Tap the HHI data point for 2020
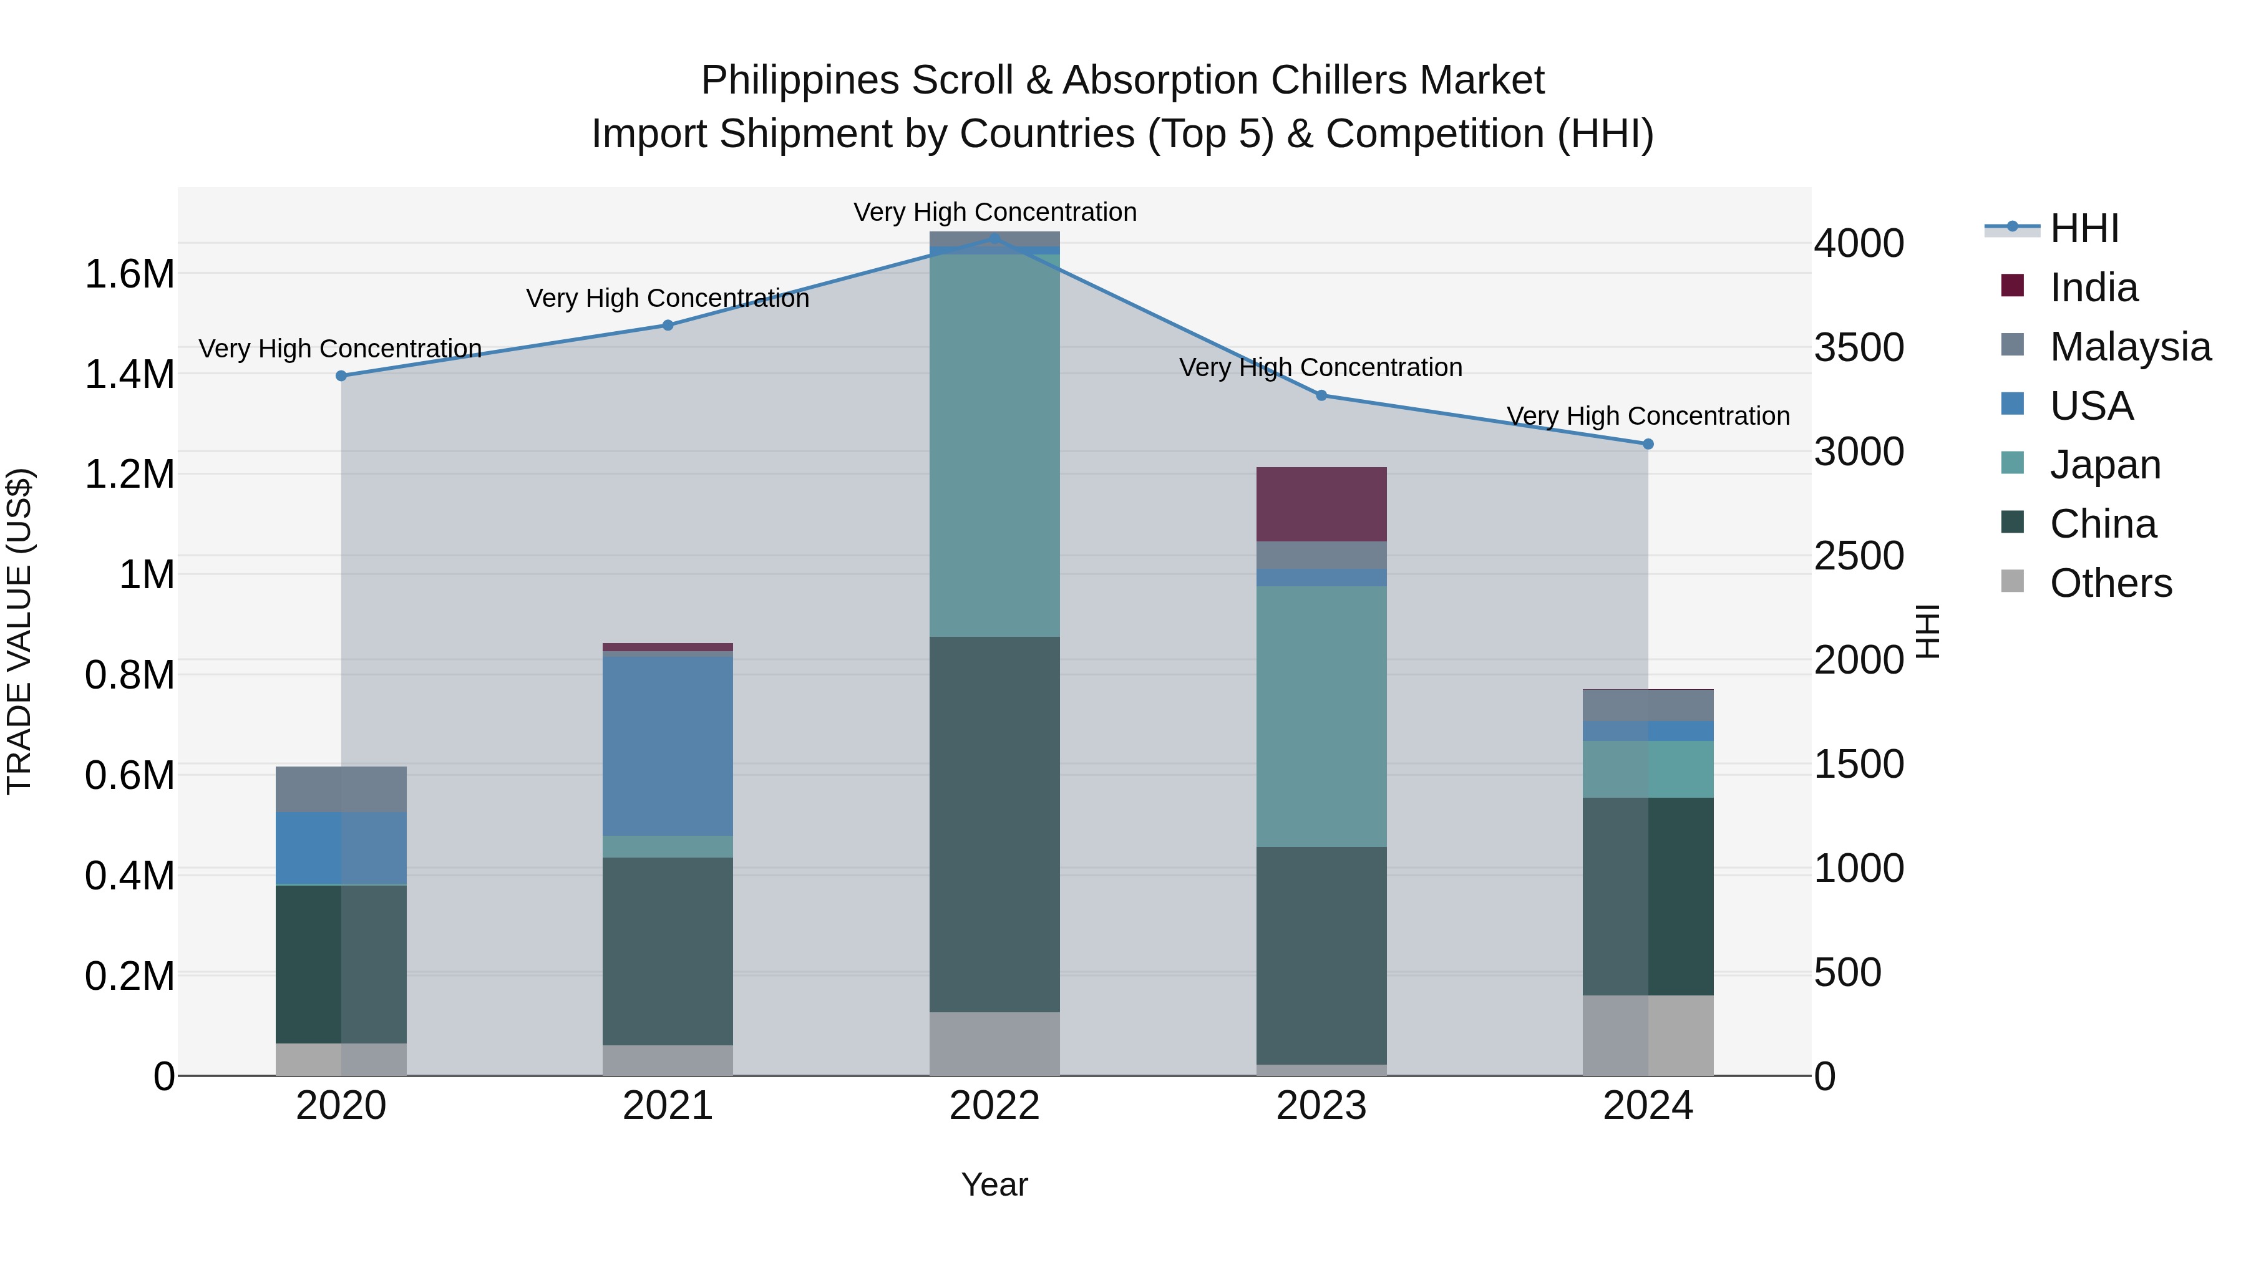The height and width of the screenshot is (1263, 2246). click(341, 375)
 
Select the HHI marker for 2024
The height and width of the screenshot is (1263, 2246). click(1648, 443)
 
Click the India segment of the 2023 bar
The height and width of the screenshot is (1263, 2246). click(1321, 504)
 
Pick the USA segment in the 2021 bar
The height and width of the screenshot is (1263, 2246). click(668, 745)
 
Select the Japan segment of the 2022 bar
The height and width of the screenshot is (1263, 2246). click(995, 445)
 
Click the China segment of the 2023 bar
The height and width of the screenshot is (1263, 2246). click(1321, 954)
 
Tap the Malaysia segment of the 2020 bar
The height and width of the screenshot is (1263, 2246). click(341, 789)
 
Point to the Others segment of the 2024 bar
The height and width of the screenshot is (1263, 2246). click(1648, 1035)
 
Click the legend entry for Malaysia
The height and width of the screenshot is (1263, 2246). click(2130, 347)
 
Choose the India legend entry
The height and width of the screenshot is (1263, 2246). click(2093, 288)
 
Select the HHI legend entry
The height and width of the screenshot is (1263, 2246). click(2084, 228)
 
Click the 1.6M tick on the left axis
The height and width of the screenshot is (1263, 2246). click(129, 274)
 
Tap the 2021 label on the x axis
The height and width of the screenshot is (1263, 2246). click(668, 1106)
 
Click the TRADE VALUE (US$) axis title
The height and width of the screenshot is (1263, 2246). click(19, 631)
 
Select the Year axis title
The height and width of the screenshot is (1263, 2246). click(995, 1184)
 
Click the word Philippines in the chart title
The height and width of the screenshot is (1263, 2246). click(800, 80)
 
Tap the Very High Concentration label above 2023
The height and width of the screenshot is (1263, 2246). click(1321, 368)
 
